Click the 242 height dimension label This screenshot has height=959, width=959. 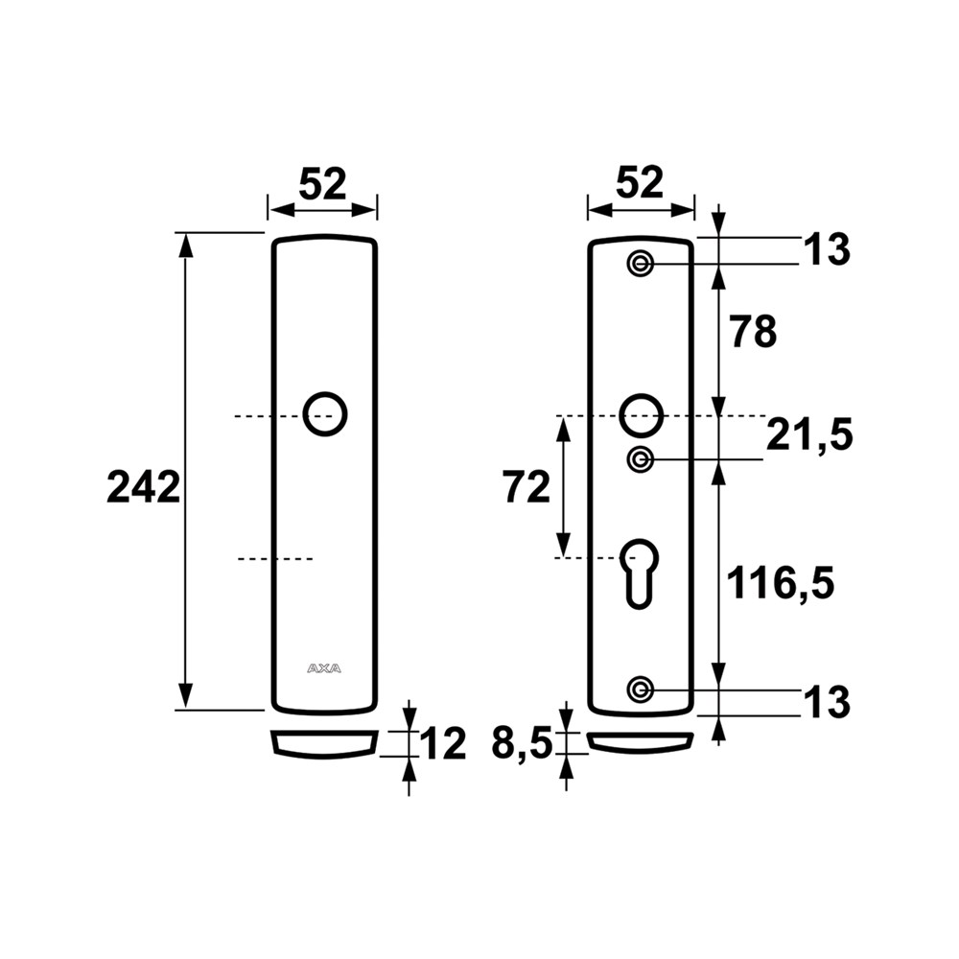click(144, 487)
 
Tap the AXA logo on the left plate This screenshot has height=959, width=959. click(324, 668)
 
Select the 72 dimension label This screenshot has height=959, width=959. click(526, 487)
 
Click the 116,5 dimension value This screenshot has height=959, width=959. click(780, 583)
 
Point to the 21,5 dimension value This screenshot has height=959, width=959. click(809, 434)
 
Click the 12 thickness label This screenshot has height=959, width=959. click(443, 744)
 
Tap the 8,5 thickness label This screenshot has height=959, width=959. click(522, 744)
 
